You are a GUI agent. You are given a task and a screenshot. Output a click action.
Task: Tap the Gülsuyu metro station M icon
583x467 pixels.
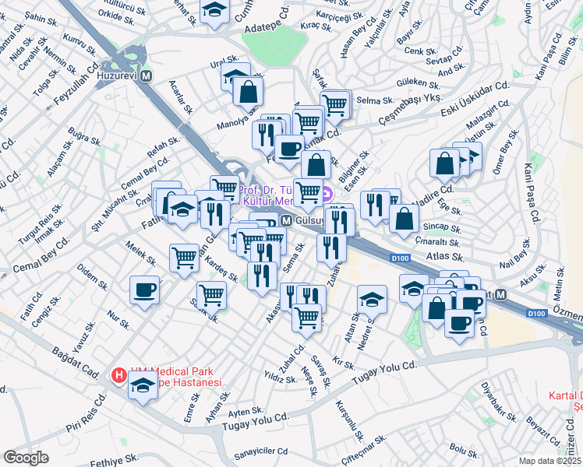(287, 221)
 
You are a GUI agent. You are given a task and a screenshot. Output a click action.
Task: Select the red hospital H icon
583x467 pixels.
(119, 376)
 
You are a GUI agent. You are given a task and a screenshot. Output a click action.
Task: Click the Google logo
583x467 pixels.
(26, 457)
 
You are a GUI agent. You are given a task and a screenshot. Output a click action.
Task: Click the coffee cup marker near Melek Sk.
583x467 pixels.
(145, 290)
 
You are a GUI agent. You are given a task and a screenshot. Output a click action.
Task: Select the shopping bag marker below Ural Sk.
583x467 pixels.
(248, 90)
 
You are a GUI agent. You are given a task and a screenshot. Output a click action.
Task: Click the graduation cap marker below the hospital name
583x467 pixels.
(143, 384)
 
